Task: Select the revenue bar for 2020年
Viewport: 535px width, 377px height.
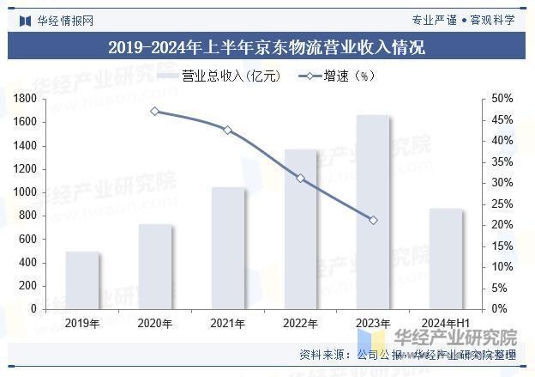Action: click(155, 266)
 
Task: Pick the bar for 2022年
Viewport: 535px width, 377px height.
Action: click(301, 228)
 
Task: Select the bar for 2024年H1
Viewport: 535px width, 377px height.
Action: click(446, 258)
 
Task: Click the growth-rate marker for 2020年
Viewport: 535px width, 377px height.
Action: click(155, 111)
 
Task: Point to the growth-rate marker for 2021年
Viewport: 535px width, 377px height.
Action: click(228, 130)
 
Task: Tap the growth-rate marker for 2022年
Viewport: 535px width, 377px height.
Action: click(301, 178)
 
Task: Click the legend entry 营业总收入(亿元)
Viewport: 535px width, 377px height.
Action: click(219, 76)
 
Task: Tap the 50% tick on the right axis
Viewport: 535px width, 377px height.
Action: click(502, 99)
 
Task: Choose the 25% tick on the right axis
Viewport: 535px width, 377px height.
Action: click(502, 204)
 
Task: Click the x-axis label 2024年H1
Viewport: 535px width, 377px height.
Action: click(447, 324)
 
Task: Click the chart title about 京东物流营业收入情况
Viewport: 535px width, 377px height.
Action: click(267, 47)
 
